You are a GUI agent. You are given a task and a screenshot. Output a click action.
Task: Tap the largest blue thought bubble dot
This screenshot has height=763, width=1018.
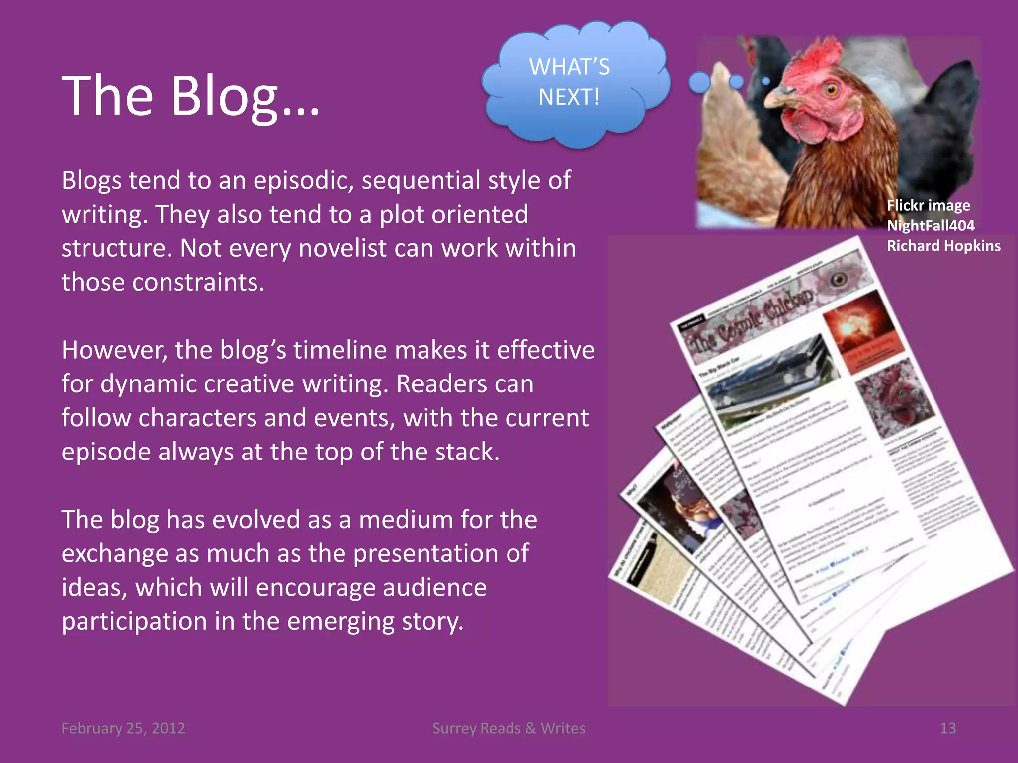[700, 82]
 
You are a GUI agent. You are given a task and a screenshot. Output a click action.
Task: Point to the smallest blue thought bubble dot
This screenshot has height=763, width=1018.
[766, 81]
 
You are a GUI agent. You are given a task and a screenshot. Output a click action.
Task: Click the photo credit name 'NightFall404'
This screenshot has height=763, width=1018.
[931, 226]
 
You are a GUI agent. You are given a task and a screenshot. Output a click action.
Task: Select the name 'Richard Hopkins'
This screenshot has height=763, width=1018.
[943, 246]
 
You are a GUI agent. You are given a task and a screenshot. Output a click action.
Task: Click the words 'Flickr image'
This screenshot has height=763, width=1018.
[928, 205]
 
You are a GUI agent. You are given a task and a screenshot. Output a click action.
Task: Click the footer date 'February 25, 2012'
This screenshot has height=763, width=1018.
[123, 728]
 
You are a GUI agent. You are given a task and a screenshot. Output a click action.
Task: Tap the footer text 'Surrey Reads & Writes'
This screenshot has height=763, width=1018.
[509, 728]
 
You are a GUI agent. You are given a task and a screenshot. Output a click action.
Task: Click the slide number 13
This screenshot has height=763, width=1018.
[947, 728]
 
